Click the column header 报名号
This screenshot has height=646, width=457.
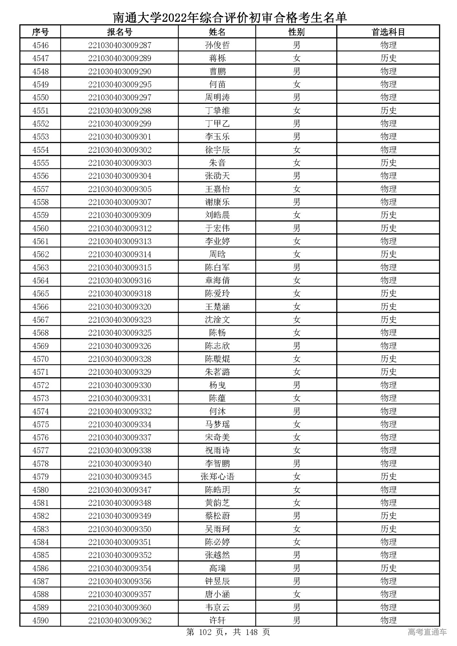coord(120,32)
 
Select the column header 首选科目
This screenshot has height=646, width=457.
coord(388,32)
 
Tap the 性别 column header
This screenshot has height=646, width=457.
coord(296,32)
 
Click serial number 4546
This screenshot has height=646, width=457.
coord(40,45)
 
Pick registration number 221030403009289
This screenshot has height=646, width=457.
coord(120,58)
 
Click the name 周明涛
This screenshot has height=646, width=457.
coord(217,97)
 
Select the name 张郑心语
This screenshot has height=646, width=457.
coord(217,477)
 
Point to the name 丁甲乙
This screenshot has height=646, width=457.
coord(217,124)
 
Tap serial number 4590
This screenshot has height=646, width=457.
coord(40,621)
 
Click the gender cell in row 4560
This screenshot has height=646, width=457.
coord(296,228)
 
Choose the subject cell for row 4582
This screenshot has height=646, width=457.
coord(388,516)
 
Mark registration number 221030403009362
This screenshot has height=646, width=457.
coord(120,621)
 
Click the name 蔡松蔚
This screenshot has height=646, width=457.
coord(217,516)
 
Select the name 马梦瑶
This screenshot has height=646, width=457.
coord(217,425)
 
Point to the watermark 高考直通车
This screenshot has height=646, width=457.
coord(427,632)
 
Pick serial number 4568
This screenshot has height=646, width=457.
coord(40,333)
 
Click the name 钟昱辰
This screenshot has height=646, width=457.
coord(217,581)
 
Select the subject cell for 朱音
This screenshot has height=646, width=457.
coord(388,163)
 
